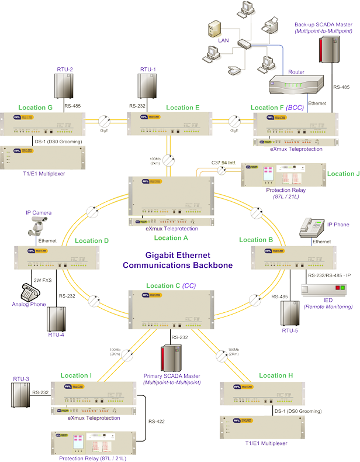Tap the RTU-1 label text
click(148, 70)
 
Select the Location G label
click(36, 108)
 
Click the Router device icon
click(296, 87)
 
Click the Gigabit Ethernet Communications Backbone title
click(178, 260)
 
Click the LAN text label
click(223, 40)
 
